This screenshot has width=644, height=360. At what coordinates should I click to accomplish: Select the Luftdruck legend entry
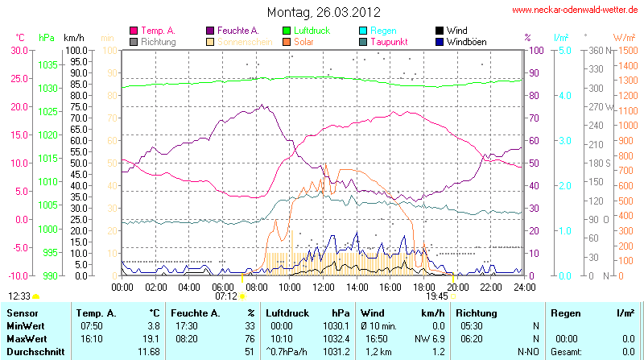point(322,30)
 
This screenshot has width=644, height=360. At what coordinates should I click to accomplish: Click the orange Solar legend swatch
point(286,41)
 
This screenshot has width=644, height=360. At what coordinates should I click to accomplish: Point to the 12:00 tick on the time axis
point(324,286)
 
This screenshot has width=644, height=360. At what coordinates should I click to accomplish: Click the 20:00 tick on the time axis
point(458,286)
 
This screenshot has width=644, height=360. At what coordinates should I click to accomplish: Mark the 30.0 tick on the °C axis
point(18,50)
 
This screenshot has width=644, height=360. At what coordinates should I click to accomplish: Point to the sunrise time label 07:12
point(226,296)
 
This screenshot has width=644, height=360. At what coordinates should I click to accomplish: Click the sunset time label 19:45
point(438,296)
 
